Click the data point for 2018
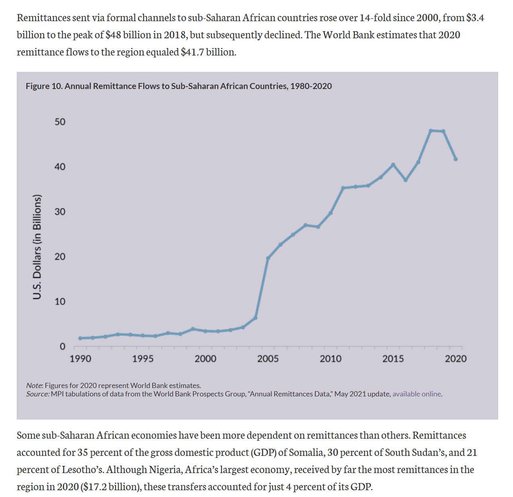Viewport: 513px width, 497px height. (430, 131)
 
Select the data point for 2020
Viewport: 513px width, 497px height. (456, 159)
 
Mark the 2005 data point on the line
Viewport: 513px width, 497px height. (268, 258)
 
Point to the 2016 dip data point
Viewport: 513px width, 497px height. (405, 180)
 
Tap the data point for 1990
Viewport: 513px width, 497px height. (80, 338)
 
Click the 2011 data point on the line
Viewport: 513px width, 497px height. (343, 188)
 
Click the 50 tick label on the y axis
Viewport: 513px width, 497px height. (60, 122)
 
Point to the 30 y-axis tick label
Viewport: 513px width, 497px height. (60, 212)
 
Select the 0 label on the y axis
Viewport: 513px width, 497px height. (62, 347)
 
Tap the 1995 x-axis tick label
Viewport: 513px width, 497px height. (143, 359)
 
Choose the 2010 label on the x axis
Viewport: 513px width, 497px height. (330, 359)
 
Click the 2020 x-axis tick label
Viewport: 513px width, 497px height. (456, 359)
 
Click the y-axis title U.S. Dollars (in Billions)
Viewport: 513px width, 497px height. (37, 247)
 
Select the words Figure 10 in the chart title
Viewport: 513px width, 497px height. (43, 86)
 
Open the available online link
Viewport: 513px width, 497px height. (417, 394)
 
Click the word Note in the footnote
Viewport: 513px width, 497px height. (34, 386)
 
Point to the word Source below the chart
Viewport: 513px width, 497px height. (37, 394)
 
